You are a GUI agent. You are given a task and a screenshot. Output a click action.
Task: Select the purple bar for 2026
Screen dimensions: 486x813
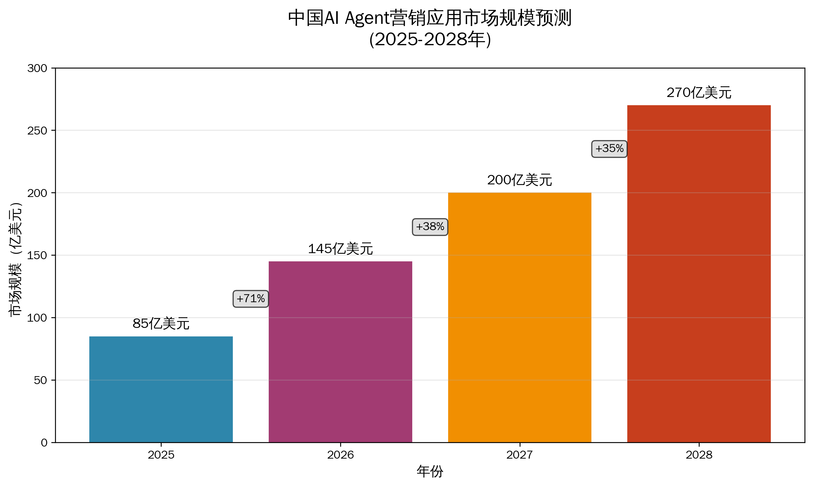click(x=340, y=352)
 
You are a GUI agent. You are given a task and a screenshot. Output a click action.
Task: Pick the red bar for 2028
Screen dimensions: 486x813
click(x=699, y=273)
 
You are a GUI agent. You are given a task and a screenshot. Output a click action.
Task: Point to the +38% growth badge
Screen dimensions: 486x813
click(x=430, y=227)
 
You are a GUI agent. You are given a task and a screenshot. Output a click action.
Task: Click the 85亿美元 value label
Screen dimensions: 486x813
click(x=161, y=324)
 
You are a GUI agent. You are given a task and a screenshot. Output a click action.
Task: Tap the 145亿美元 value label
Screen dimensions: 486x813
click(x=340, y=249)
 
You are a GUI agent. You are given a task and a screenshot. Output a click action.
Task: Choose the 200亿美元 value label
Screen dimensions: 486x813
click(x=519, y=180)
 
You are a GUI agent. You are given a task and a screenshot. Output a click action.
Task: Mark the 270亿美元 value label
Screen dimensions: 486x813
click(x=699, y=93)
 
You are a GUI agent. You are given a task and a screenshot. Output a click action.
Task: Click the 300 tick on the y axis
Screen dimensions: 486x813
click(x=37, y=68)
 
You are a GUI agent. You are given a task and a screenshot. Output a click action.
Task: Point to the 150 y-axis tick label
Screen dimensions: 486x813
click(x=37, y=255)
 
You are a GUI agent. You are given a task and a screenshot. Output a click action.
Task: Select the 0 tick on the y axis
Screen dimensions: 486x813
click(x=44, y=443)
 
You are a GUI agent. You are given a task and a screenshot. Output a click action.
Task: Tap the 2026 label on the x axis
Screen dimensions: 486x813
click(x=340, y=455)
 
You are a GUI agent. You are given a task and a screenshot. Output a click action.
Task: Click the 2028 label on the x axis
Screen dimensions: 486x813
click(x=699, y=455)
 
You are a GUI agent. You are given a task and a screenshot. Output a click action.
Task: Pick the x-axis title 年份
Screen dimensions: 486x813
click(x=430, y=471)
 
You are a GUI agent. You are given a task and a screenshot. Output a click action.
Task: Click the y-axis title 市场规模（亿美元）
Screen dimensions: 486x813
click(x=15, y=259)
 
